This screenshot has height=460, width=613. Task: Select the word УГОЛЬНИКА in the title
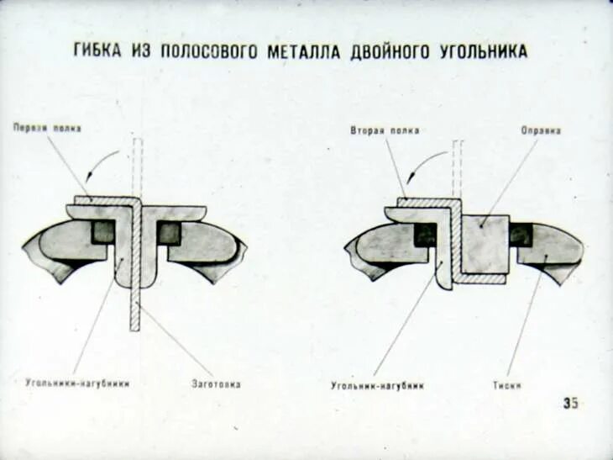[x=484, y=52]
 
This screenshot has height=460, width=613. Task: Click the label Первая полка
[x=47, y=128]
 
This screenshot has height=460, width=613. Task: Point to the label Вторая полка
[x=385, y=130]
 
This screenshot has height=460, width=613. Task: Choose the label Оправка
[x=541, y=130]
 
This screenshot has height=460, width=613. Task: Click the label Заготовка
[x=217, y=383]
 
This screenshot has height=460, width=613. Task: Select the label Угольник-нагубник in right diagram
[x=377, y=386]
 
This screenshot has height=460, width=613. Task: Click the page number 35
[x=570, y=403]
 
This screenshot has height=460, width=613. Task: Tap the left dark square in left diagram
[x=103, y=232]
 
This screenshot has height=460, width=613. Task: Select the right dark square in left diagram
[x=169, y=232]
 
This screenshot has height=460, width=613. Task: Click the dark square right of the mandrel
[x=521, y=235]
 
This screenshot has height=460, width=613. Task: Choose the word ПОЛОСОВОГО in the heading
[x=207, y=52]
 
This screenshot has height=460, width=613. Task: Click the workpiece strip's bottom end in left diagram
[x=134, y=325]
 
